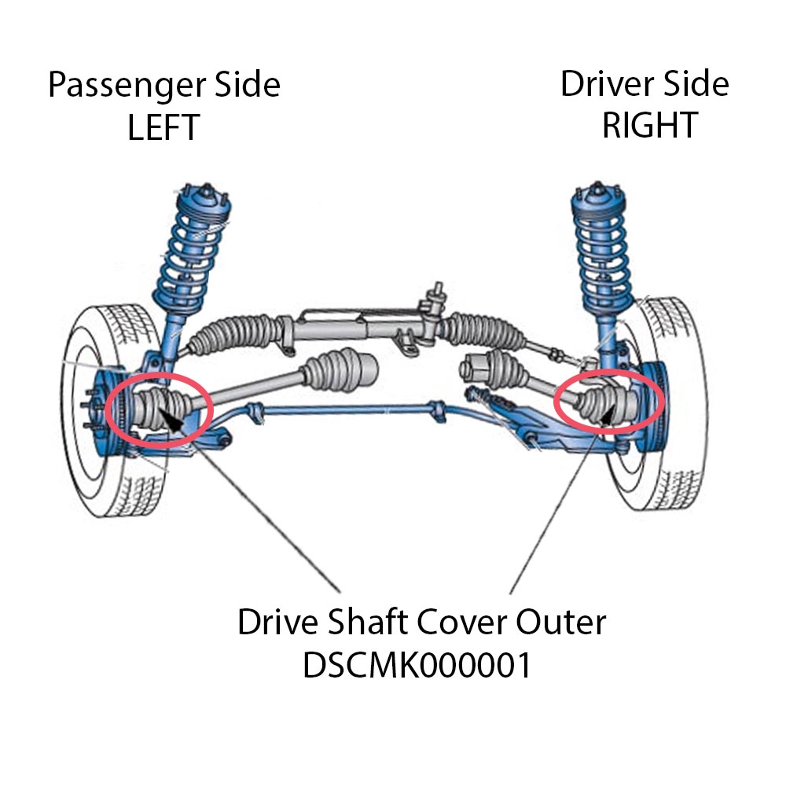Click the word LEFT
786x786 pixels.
point(163,127)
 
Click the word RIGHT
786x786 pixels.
point(649,125)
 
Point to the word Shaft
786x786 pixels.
point(369,623)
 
